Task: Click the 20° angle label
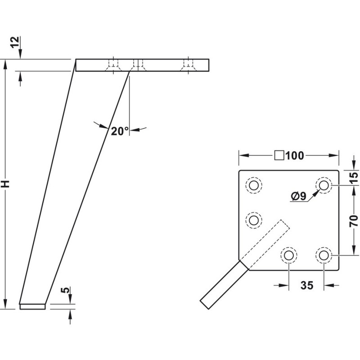pyautogui.click(x=120, y=131)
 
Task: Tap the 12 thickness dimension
pyautogui.click(x=15, y=42)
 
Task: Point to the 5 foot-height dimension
pyautogui.click(x=65, y=290)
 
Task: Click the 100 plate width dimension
pyautogui.click(x=295, y=155)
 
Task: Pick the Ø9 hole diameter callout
pyautogui.click(x=298, y=196)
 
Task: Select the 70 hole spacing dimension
pyautogui.click(x=354, y=221)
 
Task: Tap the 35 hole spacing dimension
pyautogui.click(x=307, y=285)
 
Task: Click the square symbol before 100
pyautogui.click(x=279, y=155)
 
